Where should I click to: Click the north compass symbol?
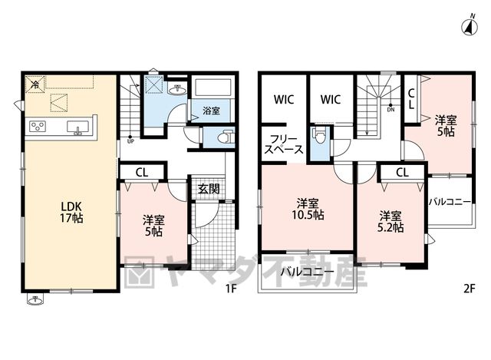[x=470, y=26]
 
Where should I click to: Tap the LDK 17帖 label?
[x=71, y=212]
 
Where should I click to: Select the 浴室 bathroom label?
[x=212, y=111]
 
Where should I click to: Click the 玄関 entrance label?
[x=209, y=189]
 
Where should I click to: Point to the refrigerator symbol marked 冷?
[x=35, y=84]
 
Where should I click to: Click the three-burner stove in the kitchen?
[x=38, y=126]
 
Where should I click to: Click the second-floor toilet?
[x=319, y=136]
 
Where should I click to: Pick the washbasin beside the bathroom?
[x=177, y=90]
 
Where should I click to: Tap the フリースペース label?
[x=284, y=144]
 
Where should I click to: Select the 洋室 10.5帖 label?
[x=308, y=210]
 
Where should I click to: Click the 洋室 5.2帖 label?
[x=390, y=222]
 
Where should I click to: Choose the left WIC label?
[x=284, y=100]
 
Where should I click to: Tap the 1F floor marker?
[x=231, y=289]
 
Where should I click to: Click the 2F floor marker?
[x=469, y=289]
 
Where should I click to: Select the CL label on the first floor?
[x=142, y=173]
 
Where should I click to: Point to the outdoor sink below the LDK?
[x=35, y=300]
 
